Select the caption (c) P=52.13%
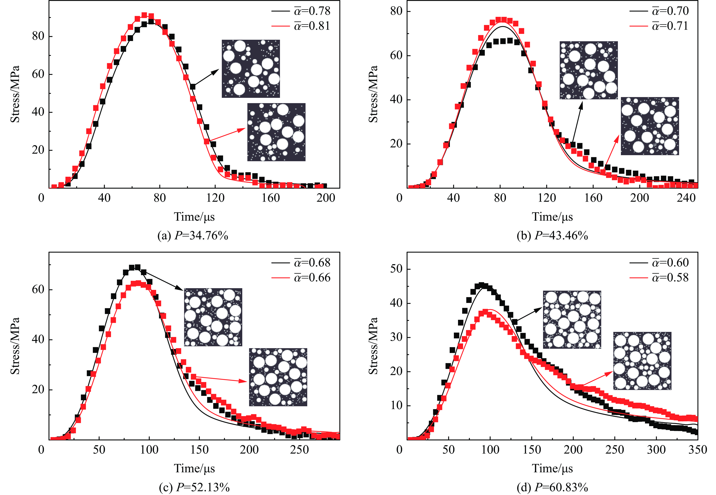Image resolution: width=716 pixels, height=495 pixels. pyautogui.click(x=194, y=488)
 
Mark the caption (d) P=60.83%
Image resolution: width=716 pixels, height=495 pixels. pyautogui.click(x=552, y=488)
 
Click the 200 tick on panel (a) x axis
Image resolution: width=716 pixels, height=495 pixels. pyautogui.click(x=326, y=198)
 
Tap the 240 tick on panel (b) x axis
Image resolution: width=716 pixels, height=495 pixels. pyautogui.click(x=686, y=198)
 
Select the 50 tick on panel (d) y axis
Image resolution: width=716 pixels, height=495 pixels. pyautogui.click(x=396, y=269)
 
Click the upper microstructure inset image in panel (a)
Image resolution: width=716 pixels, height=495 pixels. pyautogui.click(x=251, y=68)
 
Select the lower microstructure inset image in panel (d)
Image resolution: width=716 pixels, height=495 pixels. pyautogui.click(x=642, y=361)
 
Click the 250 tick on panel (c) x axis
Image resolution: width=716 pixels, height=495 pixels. pyautogui.click(x=299, y=450)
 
